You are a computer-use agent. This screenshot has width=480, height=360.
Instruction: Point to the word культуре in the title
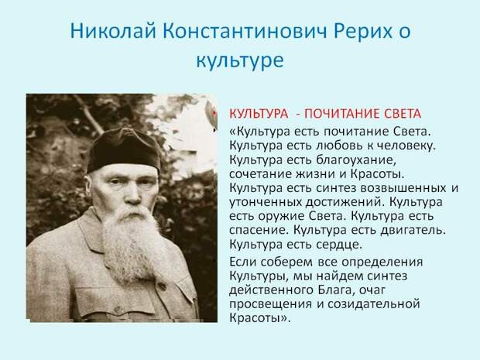point(240,60)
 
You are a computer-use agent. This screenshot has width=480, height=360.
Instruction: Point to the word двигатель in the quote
point(413,230)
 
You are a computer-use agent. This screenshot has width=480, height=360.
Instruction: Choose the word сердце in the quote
point(339,245)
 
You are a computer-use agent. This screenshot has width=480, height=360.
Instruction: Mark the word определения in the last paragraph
point(382,262)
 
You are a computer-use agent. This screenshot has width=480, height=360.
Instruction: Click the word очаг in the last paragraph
point(372,290)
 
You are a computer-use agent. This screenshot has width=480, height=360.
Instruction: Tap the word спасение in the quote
point(259,230)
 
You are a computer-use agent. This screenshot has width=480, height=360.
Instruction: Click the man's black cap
point(124,150)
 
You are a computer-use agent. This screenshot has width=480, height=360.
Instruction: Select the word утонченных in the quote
point(265,202)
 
